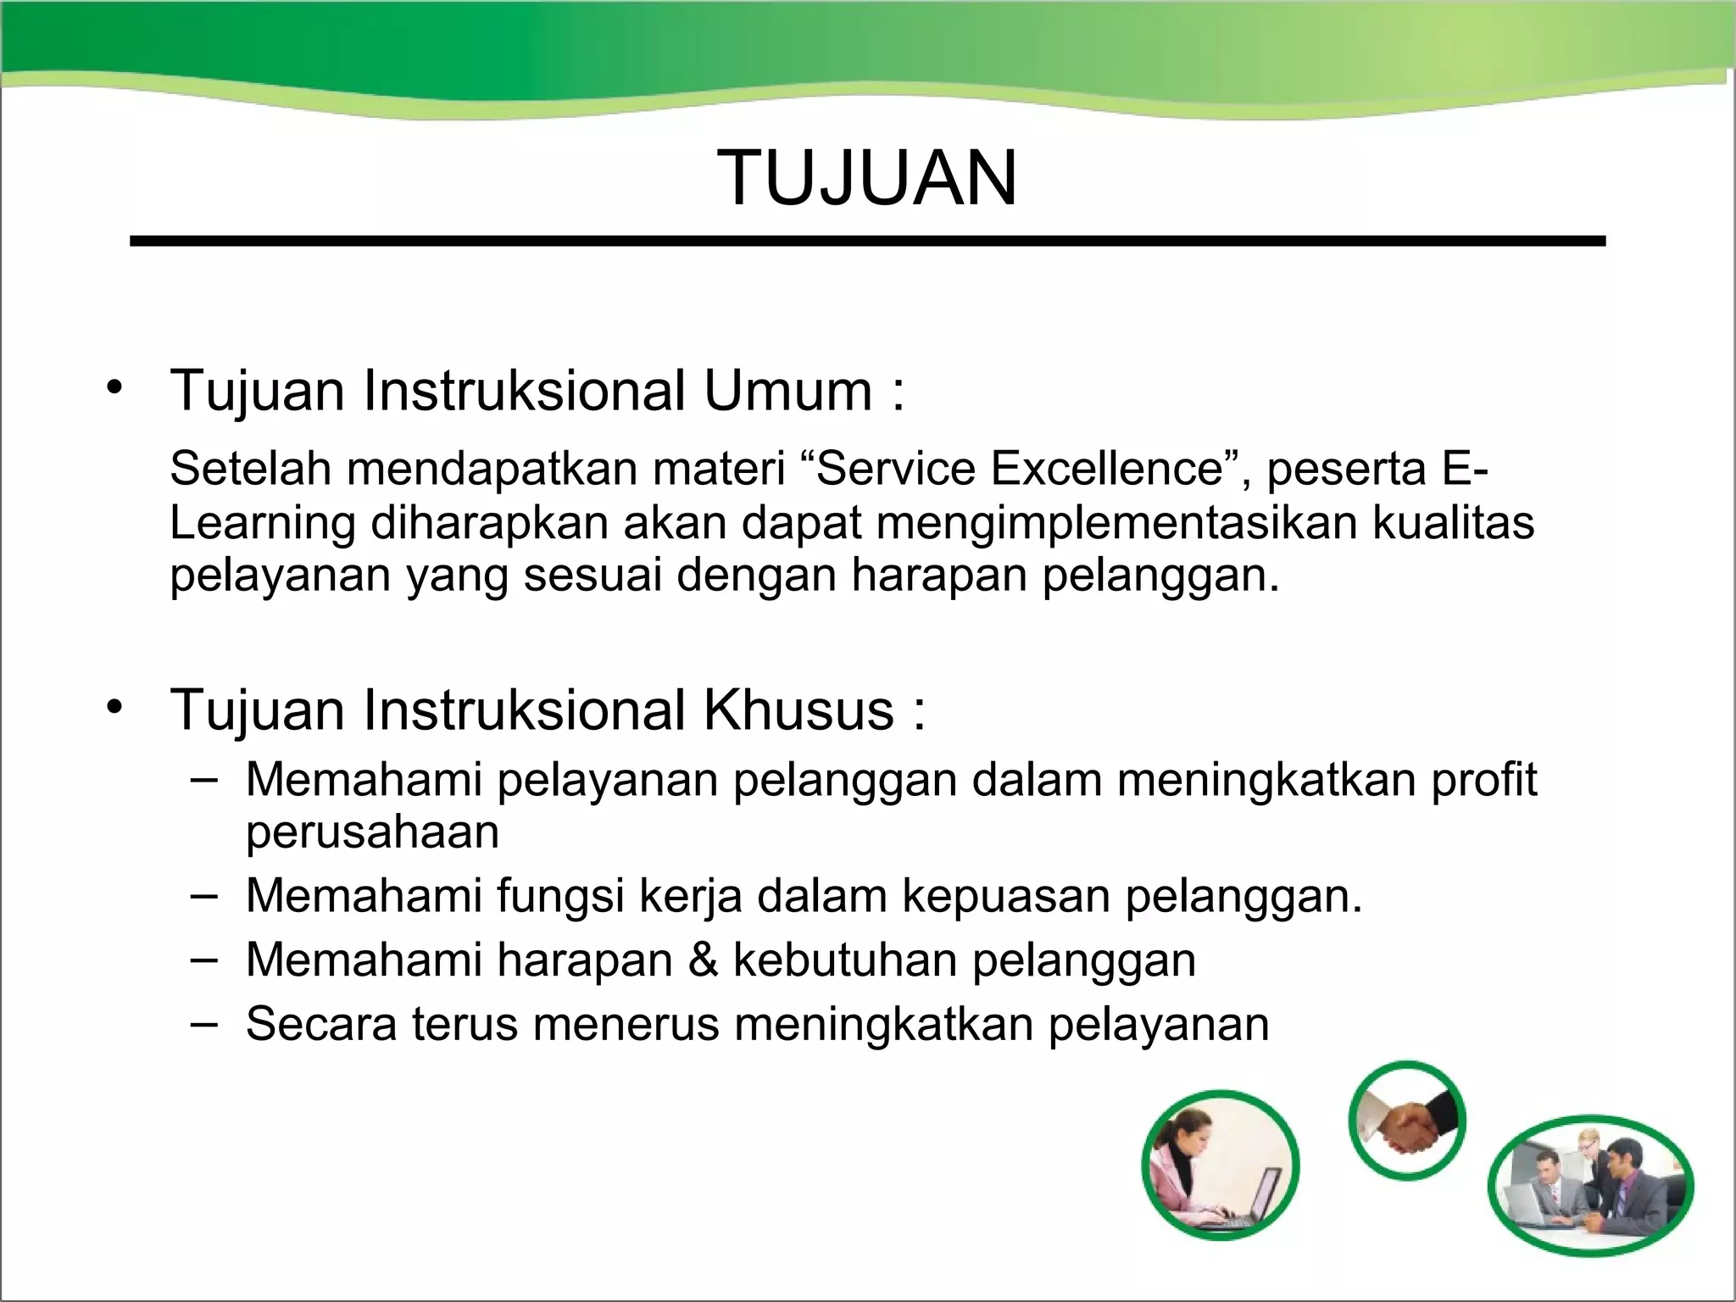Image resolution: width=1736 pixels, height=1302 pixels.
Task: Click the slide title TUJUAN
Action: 867,178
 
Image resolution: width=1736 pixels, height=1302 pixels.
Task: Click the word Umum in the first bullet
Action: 787,391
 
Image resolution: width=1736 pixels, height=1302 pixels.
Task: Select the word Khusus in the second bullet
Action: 798,709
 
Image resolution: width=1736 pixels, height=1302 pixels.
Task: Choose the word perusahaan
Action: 372,832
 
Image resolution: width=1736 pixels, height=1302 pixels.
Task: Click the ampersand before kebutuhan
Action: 703,960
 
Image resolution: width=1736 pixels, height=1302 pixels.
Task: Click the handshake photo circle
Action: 1407,1121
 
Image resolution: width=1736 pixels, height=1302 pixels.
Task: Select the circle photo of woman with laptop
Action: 1221,1166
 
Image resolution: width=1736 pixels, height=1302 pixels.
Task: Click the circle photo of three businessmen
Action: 1590,1184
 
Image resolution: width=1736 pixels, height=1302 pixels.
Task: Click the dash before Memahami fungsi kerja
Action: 203,894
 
